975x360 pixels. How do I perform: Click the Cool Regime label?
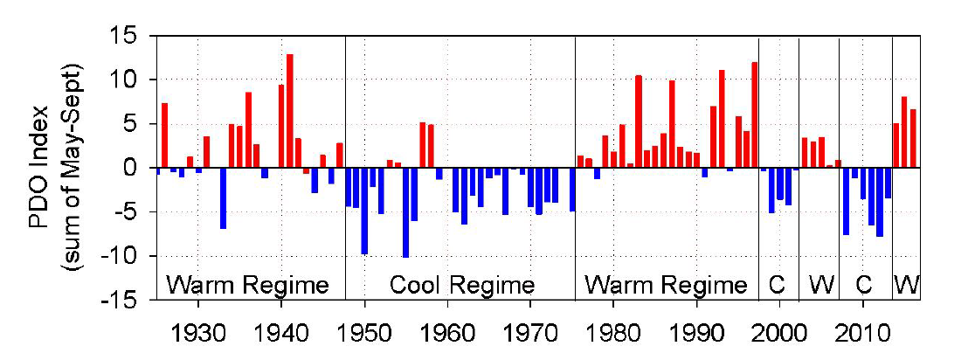coord(461,285)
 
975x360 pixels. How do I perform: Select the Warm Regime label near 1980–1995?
coord(666,285)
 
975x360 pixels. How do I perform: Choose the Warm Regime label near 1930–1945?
coord(248,285)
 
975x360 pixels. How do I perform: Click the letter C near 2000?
coord(777,285)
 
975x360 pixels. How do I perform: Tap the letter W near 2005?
coord(819,285)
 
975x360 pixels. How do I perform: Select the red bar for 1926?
coord(164,135)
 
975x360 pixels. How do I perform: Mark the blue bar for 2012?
coord(880,202)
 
